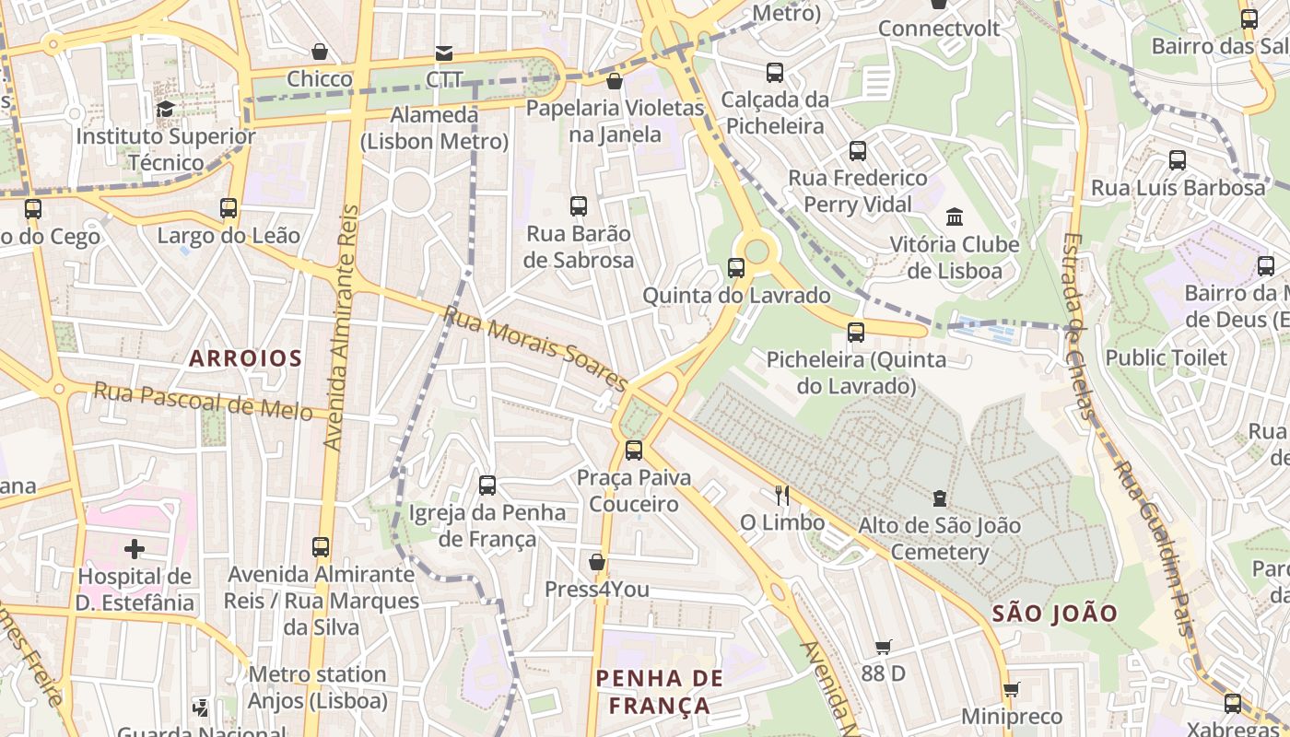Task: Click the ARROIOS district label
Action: click(x=245, y=357)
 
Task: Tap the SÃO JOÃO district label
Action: click(x=1055, y=614)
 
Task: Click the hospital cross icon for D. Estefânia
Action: click(x=135, y=550)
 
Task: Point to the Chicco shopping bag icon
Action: click(x=320, y=52)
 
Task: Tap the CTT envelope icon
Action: click(x=444, y=53)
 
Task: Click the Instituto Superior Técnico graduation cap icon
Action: click(x=165, y=110)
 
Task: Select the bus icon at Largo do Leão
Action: click(x=229, y=208)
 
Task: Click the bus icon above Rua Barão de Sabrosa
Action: click(x=579, y=206)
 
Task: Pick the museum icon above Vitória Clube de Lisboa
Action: click(x=955, y=217)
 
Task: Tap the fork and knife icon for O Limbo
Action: click(x=782, y=496)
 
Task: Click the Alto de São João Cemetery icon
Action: click(x=939, y=498)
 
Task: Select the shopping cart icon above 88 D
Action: click(x=883, y=647)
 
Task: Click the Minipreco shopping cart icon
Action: click(x=1011, y=689)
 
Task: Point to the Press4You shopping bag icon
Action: click(x=597, y=562)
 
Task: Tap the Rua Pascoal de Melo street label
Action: click(x=203, y=401)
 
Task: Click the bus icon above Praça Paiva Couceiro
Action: click(x=634, y=450)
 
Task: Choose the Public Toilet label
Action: click(x=1166, y=357)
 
